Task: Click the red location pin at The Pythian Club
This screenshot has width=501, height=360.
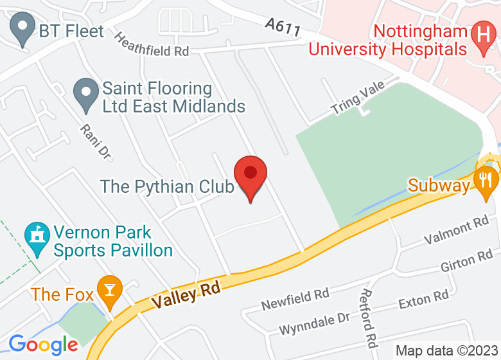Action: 250,175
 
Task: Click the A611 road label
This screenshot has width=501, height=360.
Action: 283,26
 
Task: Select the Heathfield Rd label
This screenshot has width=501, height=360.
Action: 152,44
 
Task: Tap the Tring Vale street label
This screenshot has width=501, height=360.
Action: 358,98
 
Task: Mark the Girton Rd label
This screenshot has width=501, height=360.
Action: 466,262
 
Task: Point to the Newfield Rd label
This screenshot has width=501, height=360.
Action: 295,298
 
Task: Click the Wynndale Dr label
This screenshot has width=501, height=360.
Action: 314,323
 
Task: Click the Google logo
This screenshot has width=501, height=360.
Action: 43,344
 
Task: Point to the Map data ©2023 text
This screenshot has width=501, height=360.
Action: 447,351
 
